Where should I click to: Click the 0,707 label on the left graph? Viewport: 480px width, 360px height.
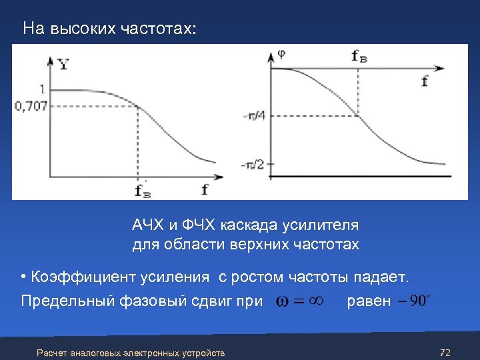click(x=30, y=106)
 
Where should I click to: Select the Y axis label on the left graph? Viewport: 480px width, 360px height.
click(x=63, y=65)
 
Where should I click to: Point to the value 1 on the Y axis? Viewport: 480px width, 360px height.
click(x=43, y=89)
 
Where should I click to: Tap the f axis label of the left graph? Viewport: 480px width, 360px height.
click(x=205, y=189)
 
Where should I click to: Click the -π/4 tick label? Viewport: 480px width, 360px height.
click(x=253, y=115)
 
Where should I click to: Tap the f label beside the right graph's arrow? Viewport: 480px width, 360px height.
click(x=425, y=81)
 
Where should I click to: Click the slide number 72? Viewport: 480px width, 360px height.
click(x=447, y=351)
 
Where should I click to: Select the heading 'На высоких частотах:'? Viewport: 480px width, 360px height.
click(x=109, y=29)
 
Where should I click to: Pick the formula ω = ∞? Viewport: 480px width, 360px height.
click(x=300, y=301)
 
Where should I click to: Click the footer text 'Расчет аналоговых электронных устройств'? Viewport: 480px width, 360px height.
click(x=131, y=353)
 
